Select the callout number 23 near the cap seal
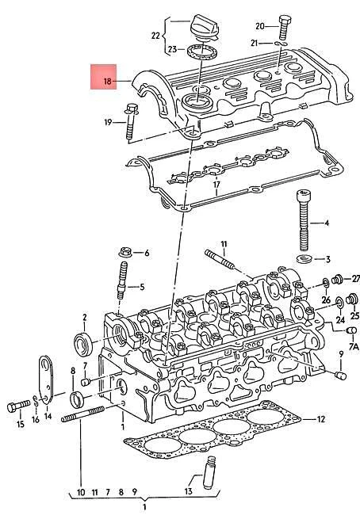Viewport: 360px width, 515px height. coord(172,50)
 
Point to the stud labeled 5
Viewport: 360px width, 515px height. coord(124,286)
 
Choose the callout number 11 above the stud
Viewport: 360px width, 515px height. coord(224,243)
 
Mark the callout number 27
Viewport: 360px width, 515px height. coord(356,279)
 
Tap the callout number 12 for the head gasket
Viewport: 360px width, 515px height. coord(321,418)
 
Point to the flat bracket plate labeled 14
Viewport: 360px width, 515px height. coord(44,380)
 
